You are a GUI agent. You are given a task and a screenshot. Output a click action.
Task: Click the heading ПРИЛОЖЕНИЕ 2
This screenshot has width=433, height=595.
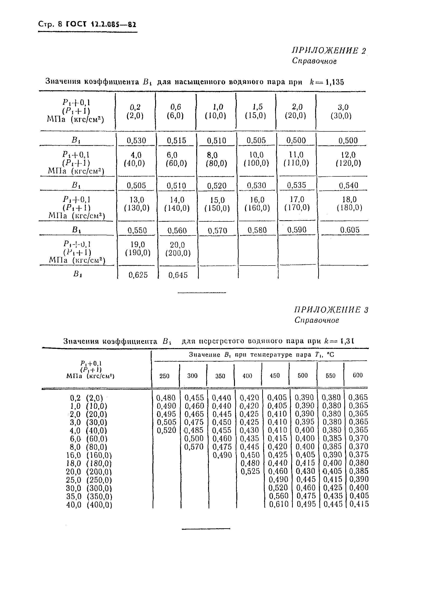coord(329,51)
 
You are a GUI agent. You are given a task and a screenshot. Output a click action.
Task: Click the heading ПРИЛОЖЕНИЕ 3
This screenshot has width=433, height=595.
coord(331,310)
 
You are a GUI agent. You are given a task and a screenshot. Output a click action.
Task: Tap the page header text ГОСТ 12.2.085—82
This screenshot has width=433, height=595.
coord(101,24)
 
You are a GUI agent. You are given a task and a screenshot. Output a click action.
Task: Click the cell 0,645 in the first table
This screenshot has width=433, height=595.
coord(178,275)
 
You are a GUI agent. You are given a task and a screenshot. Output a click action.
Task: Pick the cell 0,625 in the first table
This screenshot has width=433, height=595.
coord(138,275)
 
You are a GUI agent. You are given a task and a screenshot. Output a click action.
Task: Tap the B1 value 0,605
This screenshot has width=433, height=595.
coord(350,230)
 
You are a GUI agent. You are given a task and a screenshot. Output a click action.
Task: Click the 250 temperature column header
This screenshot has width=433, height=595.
coord(164,376)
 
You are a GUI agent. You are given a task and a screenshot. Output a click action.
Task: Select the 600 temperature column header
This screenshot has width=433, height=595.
coord(357,375)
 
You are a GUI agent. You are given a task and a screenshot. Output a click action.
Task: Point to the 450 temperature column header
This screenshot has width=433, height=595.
coord(275,375)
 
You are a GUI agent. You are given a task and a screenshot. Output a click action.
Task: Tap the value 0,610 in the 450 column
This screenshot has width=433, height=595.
coord(279,509)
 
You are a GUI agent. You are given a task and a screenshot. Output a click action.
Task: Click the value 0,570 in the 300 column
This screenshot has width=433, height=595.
coord(194,447)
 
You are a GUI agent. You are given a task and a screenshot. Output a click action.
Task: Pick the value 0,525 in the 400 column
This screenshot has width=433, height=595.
coord(250,471)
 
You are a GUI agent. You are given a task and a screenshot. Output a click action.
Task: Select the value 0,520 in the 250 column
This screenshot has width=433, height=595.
coord(166,430)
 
